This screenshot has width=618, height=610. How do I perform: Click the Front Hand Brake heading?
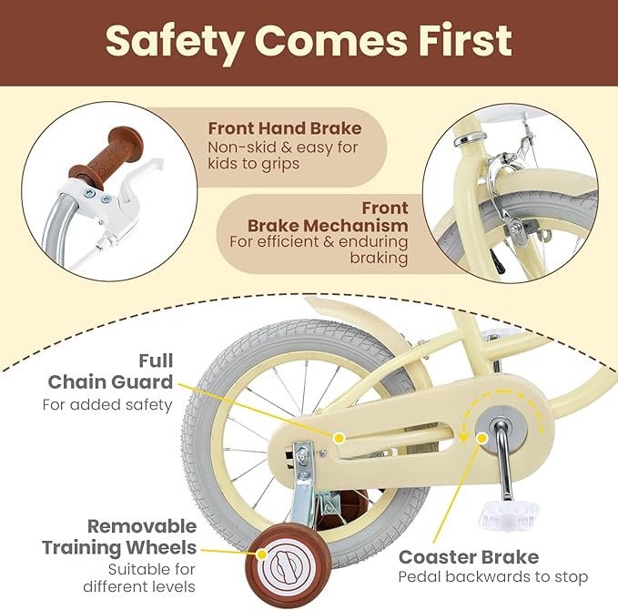(x=285, y=128)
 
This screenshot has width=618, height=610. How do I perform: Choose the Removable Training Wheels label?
(x=119, y=537)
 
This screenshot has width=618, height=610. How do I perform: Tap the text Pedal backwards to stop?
(x=492, y=576)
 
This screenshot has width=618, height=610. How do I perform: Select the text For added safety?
(x=107, y=404)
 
